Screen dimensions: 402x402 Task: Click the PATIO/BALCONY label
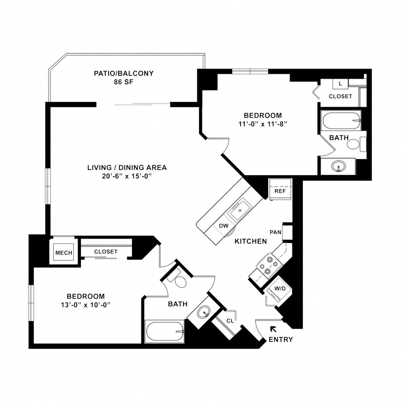tap(123, 73)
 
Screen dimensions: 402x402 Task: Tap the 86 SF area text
tap(123, 82)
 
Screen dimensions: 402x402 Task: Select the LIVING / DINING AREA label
tap(127, 167)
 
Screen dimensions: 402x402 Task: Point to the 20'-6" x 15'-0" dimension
tap(127, 176)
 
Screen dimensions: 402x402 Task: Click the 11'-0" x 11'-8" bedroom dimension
tap(262, 124)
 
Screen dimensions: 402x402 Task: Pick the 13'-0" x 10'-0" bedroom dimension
tap(85, 304)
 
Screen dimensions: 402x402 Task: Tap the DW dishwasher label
tap(224, 225)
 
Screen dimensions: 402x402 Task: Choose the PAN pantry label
tap(275, 232)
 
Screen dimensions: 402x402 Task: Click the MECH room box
tap(63, 252)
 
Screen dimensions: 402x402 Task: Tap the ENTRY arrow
tap(273, 329)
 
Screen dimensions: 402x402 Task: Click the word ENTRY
tap(281, 340)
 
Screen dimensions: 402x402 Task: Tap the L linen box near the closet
tap(340, 84)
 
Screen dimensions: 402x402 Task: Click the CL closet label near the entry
tap(230, 321)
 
